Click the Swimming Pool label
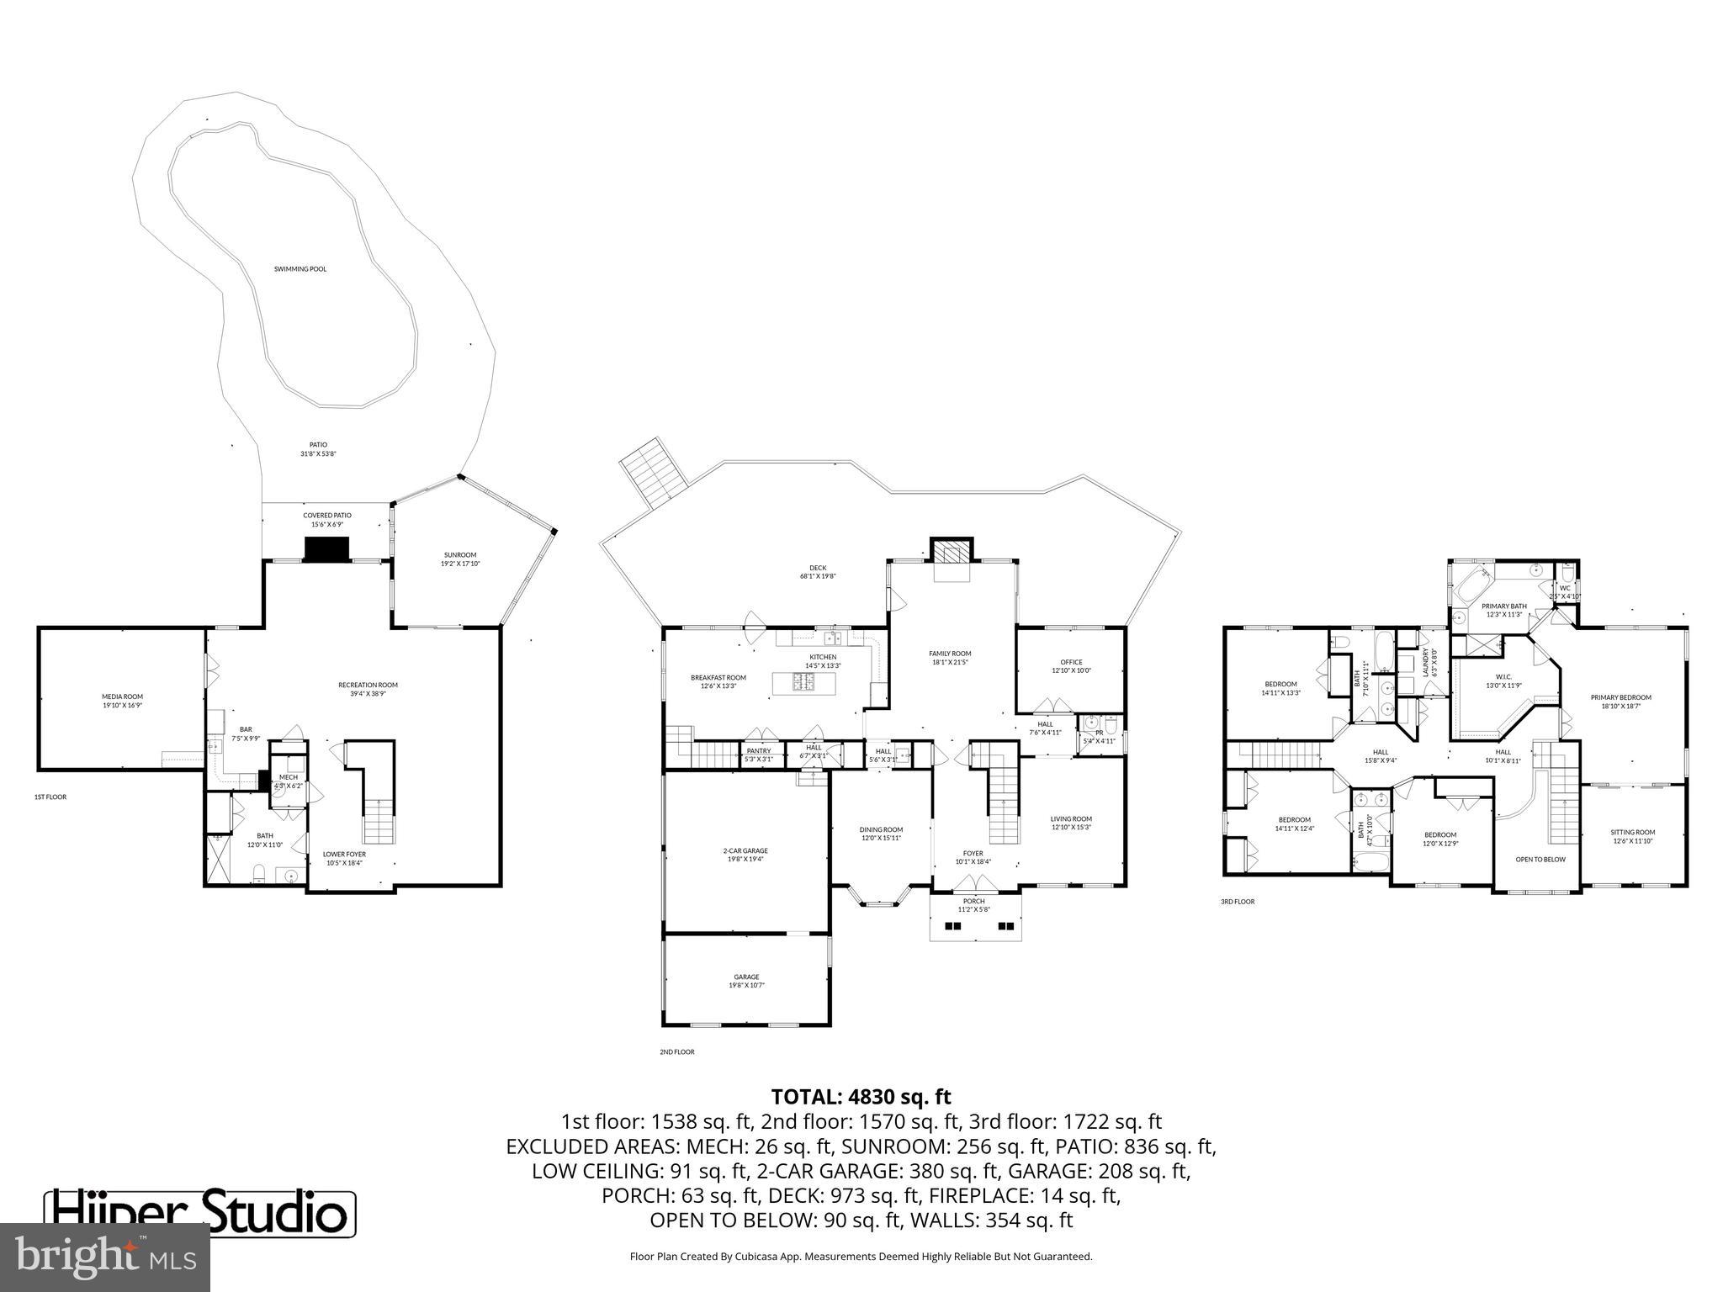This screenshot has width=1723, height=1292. (300, 269)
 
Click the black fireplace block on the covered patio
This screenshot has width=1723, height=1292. (326, 549)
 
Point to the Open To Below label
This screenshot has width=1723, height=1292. (1540, 860)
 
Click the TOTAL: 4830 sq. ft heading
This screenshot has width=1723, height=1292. (861, 1097)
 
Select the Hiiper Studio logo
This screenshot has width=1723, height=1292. (200, 1212)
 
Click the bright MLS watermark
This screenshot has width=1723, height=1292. (105, 1257)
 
